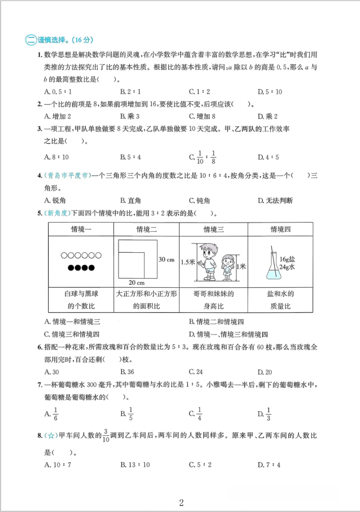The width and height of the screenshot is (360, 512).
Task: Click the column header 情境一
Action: click(81, 230)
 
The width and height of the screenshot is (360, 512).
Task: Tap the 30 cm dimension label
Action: click(167, 259)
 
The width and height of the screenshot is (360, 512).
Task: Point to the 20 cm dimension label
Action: click(136, 282)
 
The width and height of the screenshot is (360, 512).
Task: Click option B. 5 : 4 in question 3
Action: click(130, 157)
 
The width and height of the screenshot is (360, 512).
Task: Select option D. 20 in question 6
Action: click(265, 372)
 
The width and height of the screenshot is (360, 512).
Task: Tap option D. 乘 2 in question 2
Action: click(267, 117)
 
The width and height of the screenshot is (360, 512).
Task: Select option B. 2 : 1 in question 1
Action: click(130, 92)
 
